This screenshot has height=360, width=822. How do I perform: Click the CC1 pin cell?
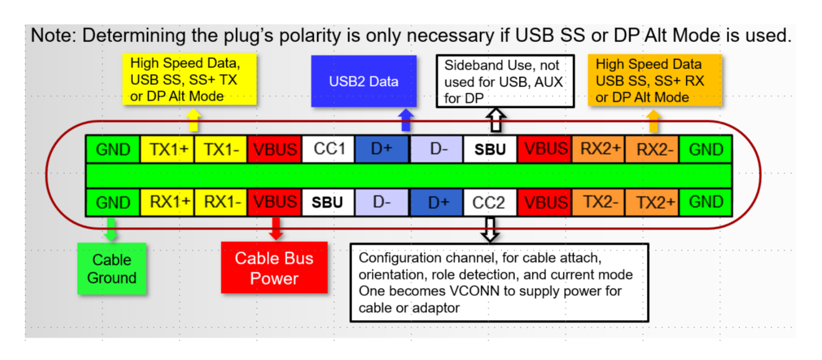[328, 149]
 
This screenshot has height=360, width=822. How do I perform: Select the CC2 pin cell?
[490, 202]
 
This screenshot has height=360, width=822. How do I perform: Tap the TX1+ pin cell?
[167, 149]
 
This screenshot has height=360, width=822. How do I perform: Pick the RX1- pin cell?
[221, 202]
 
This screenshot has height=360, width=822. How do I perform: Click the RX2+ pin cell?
[598, 149]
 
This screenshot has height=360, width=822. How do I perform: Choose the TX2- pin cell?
[598, 202]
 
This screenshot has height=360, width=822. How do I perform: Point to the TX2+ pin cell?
[652, 202]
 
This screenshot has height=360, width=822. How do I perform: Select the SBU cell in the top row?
[490, 149]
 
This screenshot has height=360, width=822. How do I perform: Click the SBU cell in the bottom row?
[328, 202]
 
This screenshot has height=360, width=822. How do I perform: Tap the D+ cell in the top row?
[382, 149]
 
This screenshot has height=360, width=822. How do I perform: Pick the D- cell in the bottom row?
[382, 202]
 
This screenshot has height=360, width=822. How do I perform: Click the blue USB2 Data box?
[364, 81]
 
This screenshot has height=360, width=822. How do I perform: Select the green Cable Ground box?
[112, 269]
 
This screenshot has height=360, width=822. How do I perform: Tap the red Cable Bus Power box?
[274, 268]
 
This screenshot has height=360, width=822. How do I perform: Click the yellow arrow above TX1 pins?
[193, 120]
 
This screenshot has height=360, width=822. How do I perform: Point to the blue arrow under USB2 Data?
[406, 120]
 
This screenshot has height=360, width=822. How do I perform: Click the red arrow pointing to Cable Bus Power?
[276, 228]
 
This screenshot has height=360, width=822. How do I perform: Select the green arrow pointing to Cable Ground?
[111, 229]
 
